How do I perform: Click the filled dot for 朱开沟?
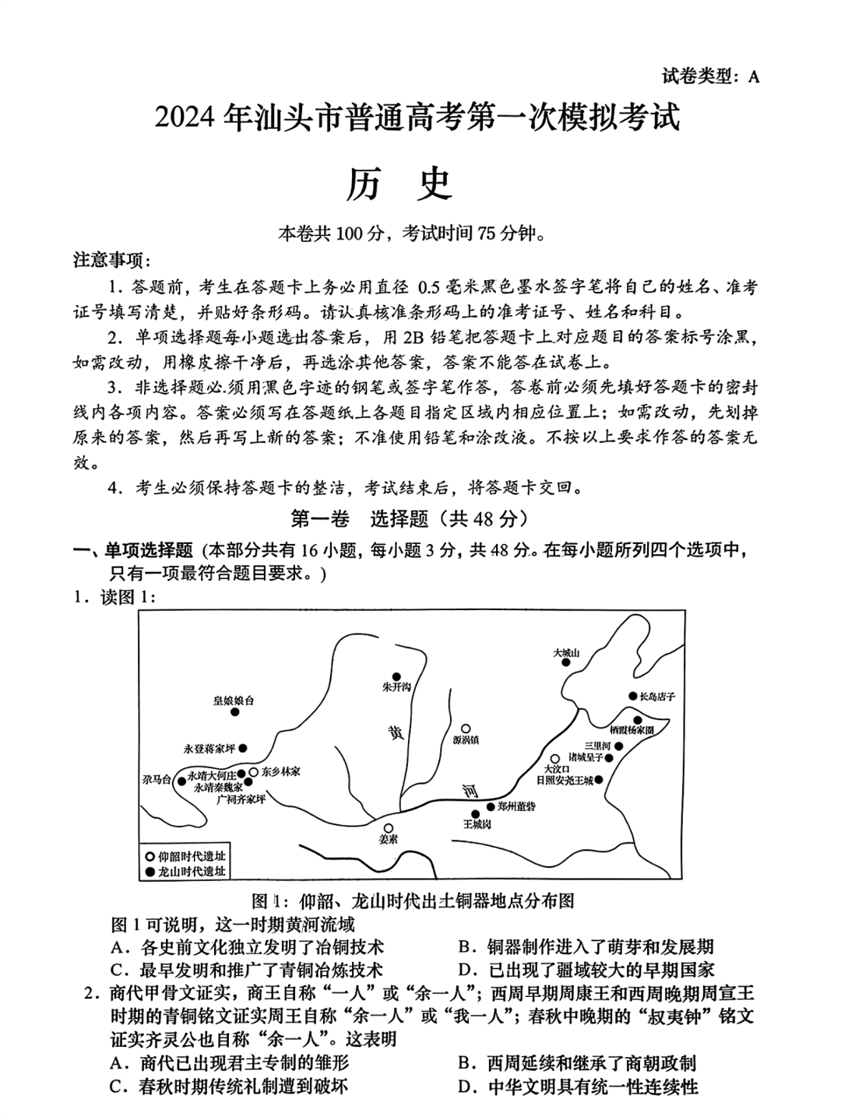pyautogui.click(x=396, y=676)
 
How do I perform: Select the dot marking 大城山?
pyautogui.click(x=566, y=663)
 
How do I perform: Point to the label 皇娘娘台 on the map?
pyautogui.click(x=234, y=700)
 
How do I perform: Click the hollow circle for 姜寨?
pyautogui.click(x=389, y=828)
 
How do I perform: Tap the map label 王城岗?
pyautogui.click(x=477, y=823)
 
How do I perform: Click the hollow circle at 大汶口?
pyautogui.click(x=554, y=758)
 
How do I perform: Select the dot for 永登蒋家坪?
pyautogui.click(x=243, y=748)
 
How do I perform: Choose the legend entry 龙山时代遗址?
pyautogui.click(x=185, y=871)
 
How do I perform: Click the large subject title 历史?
pyautogui.click(x=420, y=185)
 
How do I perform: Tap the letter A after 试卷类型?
pyautogui.click(x=752, y=76)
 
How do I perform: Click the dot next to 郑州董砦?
pyautogui.click(x=491, y=806)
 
